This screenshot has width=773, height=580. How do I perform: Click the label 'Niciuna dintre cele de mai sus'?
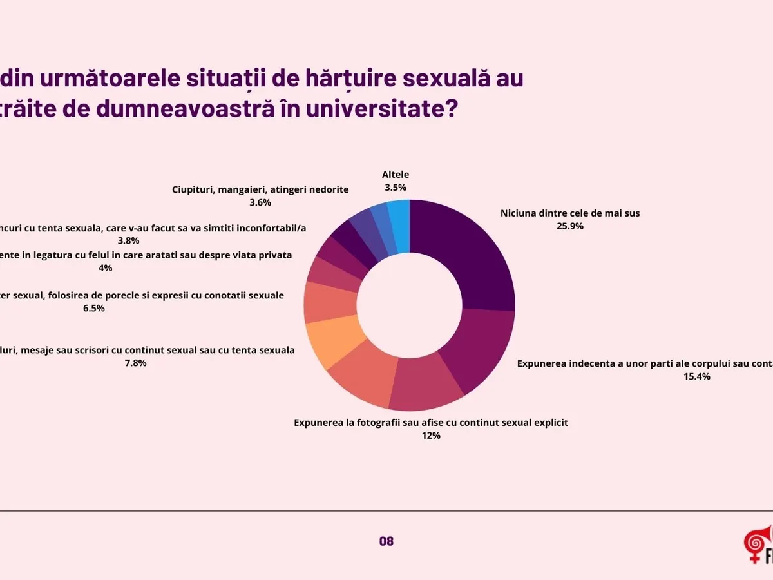pos(570,213)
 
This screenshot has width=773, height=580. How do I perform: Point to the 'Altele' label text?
pos(396,174)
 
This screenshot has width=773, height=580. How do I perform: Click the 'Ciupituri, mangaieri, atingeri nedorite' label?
pos(260,189)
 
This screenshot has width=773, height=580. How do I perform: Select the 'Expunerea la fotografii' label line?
pos(431,423)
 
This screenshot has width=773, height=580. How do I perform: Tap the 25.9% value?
pos(570,226)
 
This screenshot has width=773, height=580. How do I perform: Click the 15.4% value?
pos(696,376)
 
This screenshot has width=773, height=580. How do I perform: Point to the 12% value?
pos(431,436)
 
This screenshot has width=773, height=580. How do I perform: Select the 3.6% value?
pos(260,202)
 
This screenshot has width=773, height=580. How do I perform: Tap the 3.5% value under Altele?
pos(396,188)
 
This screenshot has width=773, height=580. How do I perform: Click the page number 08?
pos(386,541)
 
